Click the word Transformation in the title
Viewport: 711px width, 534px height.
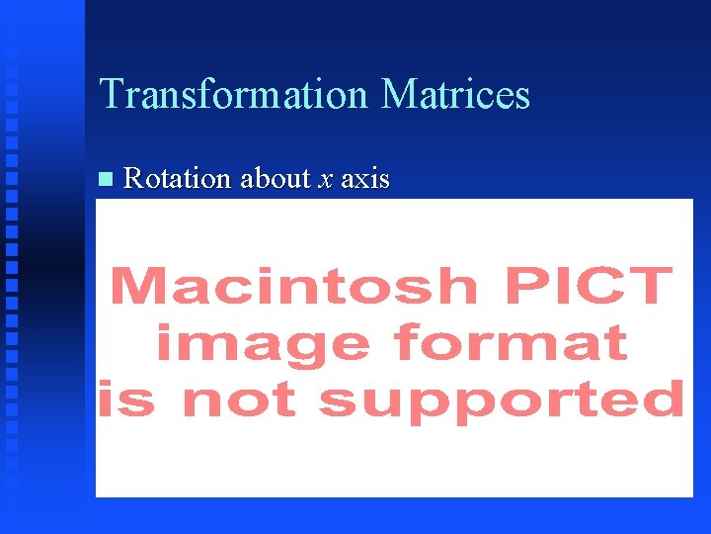click(233, 95)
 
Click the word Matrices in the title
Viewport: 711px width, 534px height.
click(455, 95)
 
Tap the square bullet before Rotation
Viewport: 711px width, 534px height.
click(106, 179)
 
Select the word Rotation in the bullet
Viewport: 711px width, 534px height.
click(178, 179)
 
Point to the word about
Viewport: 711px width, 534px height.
click(276, 179)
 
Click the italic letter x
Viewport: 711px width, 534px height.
click(326, 180)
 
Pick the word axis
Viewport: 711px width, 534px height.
click(365, 179)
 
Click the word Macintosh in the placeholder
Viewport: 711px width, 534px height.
click(295, 286)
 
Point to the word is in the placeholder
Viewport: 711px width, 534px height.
click(125, 400)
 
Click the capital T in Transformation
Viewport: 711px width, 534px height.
click(112, 95)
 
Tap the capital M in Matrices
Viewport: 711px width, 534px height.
click(398, 95)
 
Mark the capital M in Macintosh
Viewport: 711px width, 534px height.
click(137, 286)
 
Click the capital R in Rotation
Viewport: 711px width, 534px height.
click(133, 179)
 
